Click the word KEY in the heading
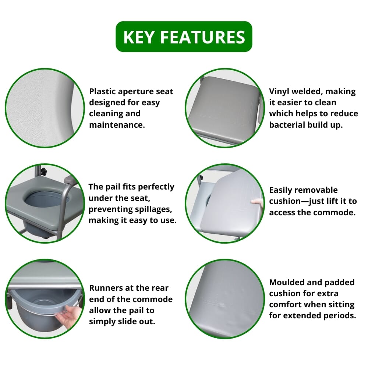coord(138,37)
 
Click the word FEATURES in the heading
coord(202,37)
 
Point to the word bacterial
coord(286,125)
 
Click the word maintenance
coord(117,125)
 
